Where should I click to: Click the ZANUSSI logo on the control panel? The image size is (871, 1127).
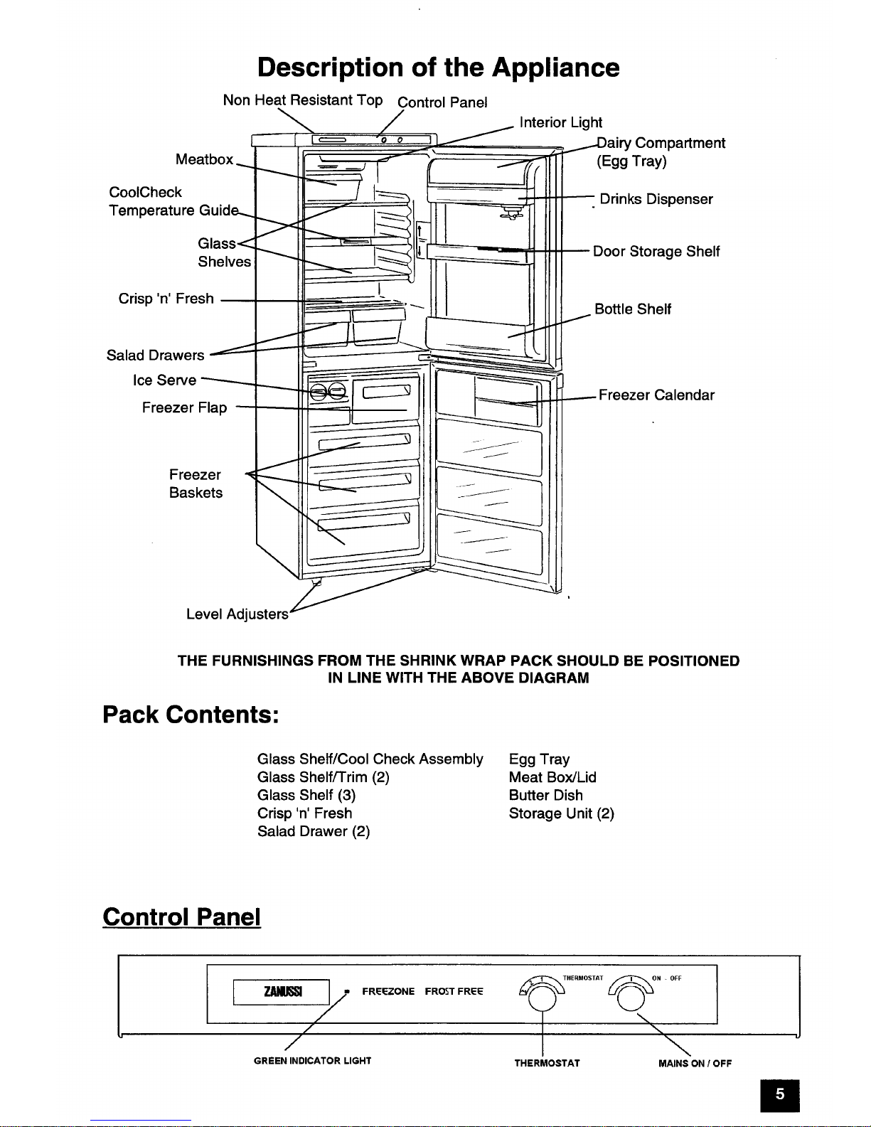click(x=282, y=991)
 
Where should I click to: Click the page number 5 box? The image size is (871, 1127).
click(x=780, y=1095)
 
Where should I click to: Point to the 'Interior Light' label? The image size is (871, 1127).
click(x=560, y=122)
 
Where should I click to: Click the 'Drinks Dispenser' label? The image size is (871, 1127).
click(x=656, y=199)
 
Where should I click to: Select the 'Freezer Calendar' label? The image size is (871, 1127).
click(x=656, y=395)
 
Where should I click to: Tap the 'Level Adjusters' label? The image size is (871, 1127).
click(x=237, y=614)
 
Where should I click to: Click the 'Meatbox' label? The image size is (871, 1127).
click(x=204, y=159)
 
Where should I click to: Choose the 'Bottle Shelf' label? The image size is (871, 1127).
click(x=633, y=309)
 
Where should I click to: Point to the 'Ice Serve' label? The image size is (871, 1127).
click(x=164, y=380)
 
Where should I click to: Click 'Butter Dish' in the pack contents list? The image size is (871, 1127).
click(x=545, y=795)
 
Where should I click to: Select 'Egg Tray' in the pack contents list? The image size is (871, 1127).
click(x=539, y=760)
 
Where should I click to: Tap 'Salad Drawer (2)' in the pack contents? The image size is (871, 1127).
click(x=314, y=831)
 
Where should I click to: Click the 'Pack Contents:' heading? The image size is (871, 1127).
click(x=191, y=715)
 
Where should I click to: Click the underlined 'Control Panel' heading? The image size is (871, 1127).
click(x=181, y=917)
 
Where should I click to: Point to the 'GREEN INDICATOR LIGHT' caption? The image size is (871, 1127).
click(x=313, y=1061)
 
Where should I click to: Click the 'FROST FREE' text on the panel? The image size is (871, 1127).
click(x=454, y=991)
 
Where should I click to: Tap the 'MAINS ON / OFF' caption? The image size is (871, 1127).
click(x=695, y=1063)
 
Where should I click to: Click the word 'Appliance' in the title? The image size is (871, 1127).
click(x=556, y=68)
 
